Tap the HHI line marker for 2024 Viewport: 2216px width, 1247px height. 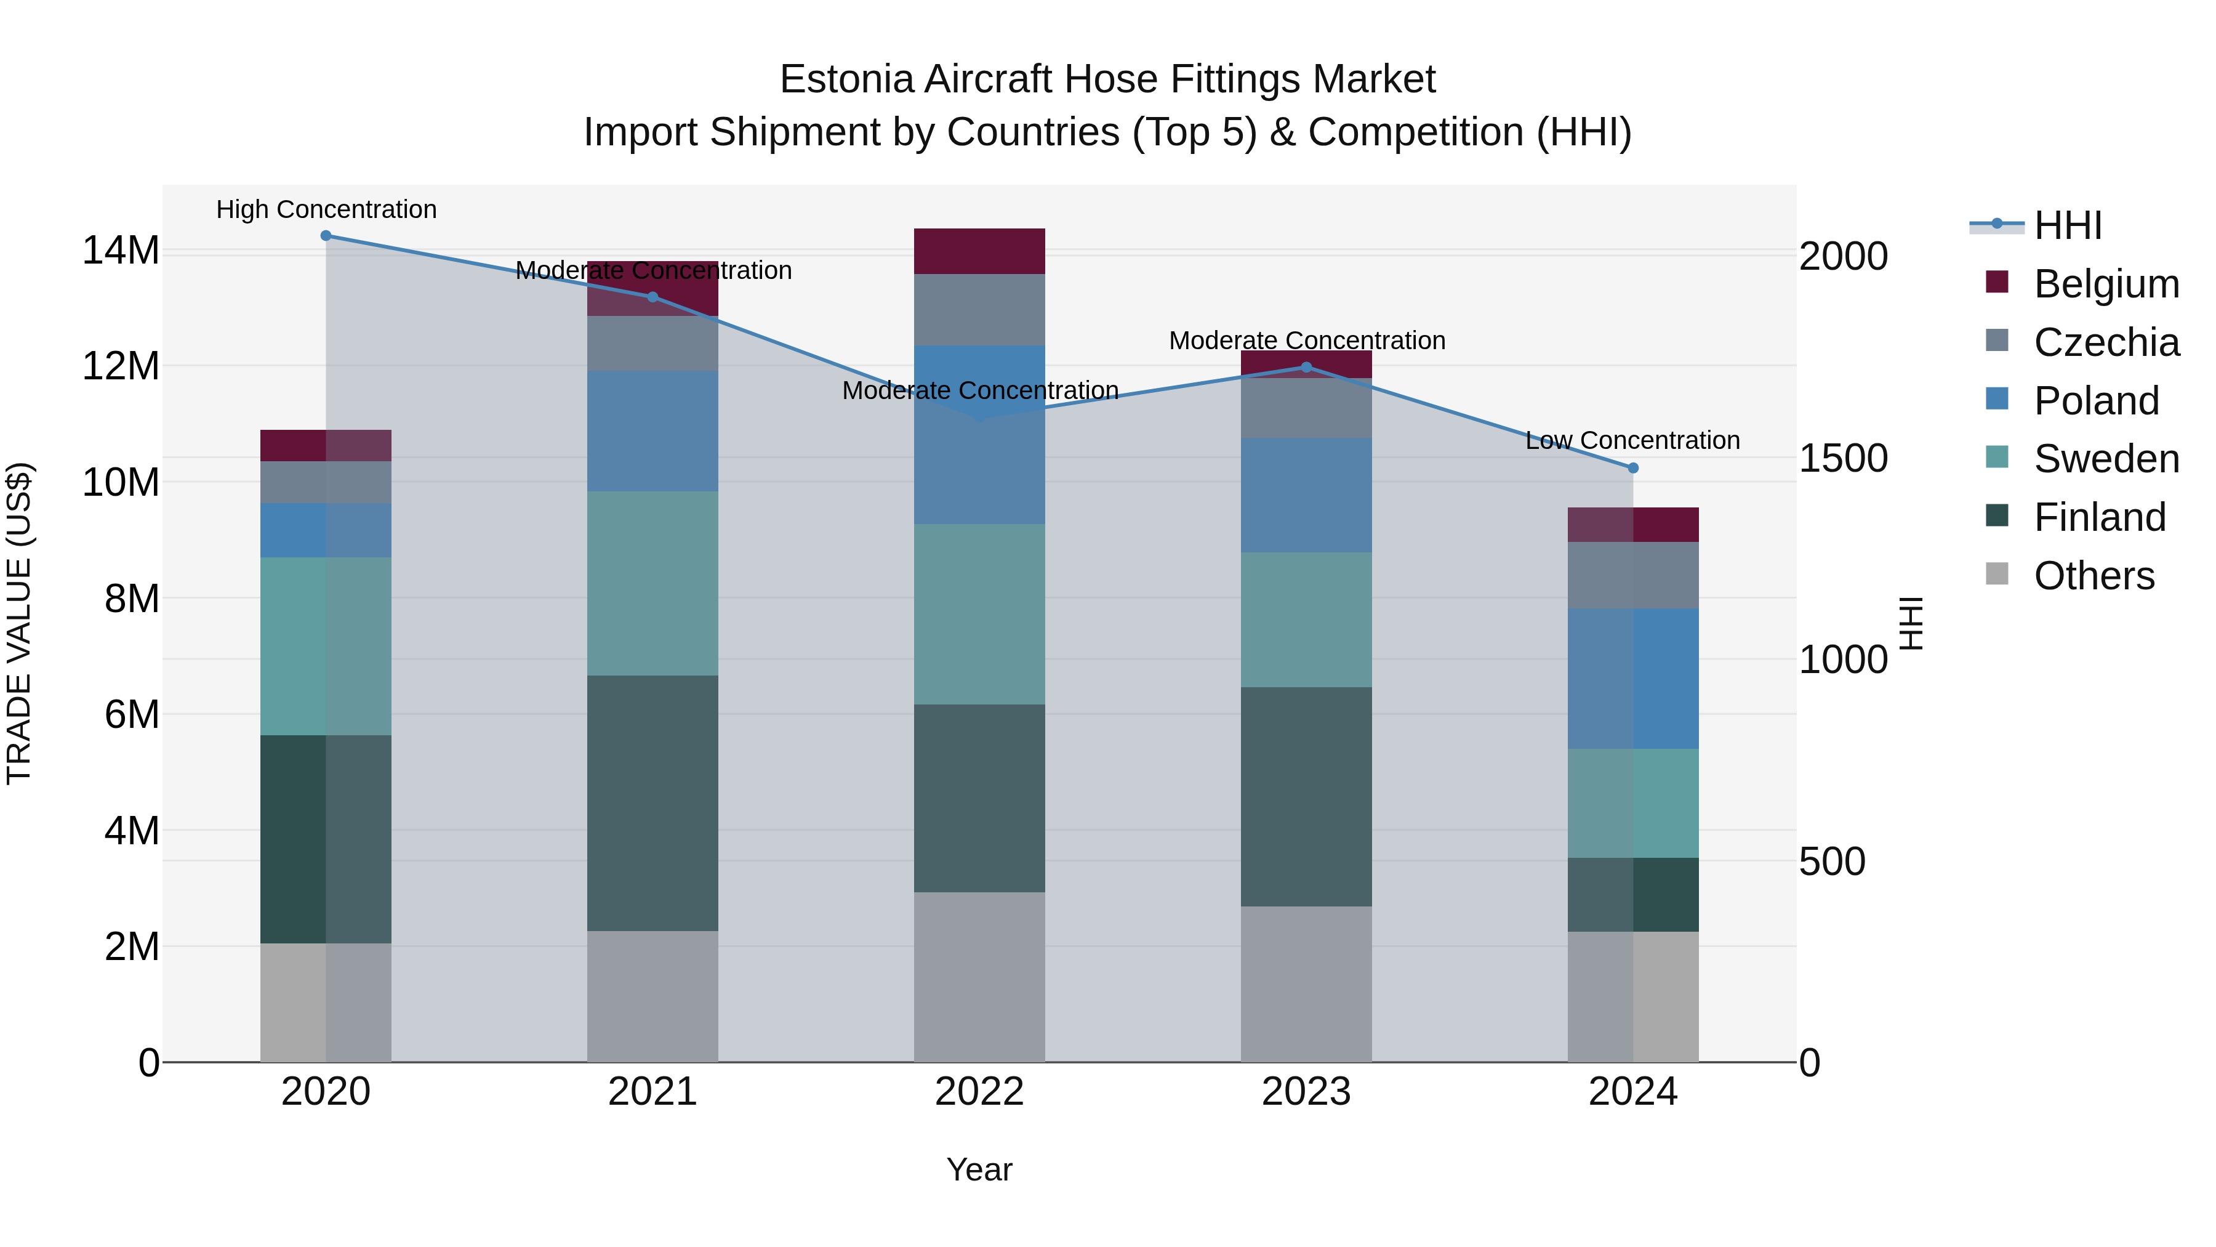(x=1632, y=468)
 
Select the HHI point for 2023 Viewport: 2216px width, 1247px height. (x=1306, y=368)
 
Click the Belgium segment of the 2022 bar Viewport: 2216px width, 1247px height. (x=979, y=251)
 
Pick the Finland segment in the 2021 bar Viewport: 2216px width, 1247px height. (x=652, y=803)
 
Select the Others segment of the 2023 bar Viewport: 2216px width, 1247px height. (x=1306, y=983)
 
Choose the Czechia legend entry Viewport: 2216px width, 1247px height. (x=2105, y=342)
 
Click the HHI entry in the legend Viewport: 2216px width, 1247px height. (x=2067, y=225)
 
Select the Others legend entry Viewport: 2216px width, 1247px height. (x=2093, y=576)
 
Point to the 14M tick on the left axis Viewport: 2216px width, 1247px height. (x=121, y=251)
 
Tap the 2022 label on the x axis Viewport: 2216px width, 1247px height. (x=979, y=1092)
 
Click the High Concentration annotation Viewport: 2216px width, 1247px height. (x=326, y=209)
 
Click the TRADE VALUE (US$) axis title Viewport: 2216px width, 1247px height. (x=19, y=623)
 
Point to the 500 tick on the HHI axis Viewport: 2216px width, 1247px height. (x=1833, y=862)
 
